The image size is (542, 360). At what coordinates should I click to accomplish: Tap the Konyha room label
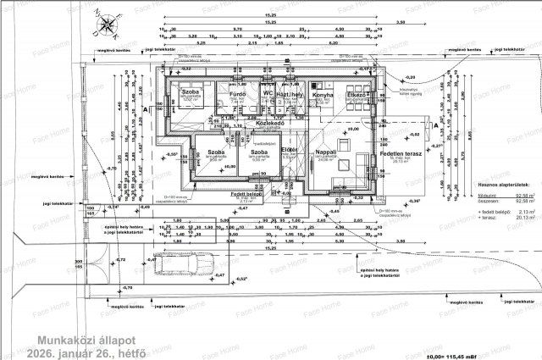coord(320,95)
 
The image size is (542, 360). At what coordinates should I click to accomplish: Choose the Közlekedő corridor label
coord(268,122)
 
